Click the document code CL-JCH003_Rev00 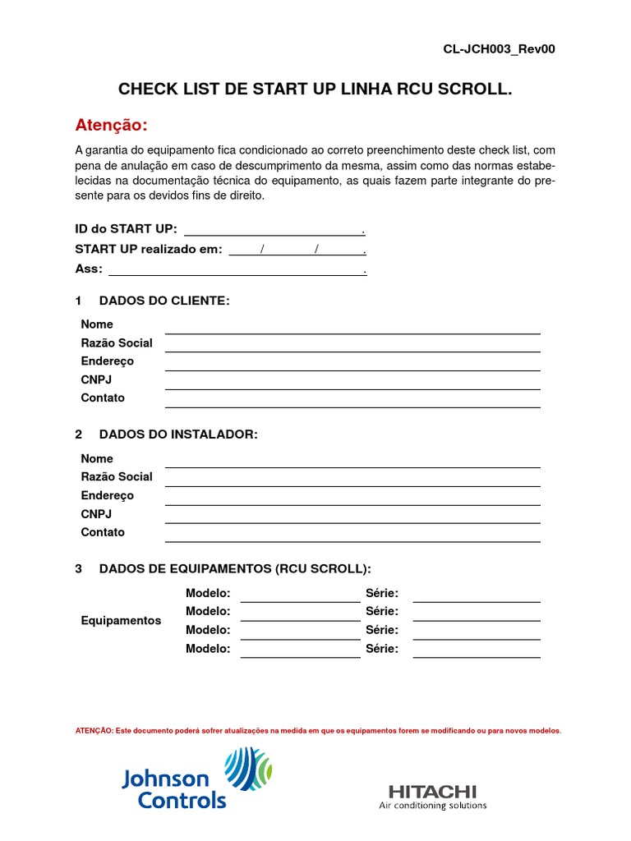tap(499, 48)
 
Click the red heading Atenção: tap(112, 125)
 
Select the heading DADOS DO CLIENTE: tap(164, 301)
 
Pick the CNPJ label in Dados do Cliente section tap(96, 379)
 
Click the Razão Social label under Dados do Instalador tap(117, 476)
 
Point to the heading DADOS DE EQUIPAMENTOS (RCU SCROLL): tap(235, 568)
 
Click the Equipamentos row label tap(121, 620)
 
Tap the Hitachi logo tap(432, 796)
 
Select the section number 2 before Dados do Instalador tap(79, 434)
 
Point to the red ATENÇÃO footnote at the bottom tap(318, 730)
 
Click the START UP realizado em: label tap(149, 249)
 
